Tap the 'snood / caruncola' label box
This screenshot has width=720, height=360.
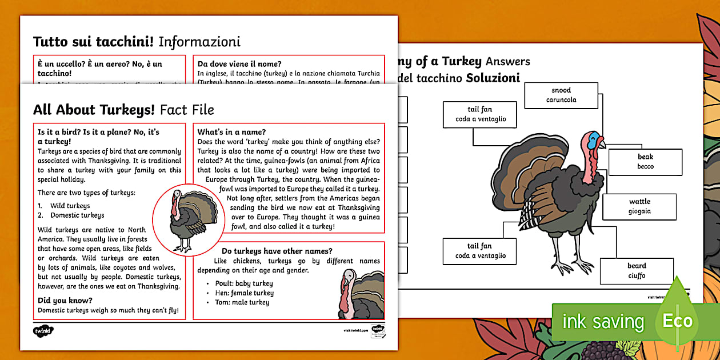(x=561, y=95)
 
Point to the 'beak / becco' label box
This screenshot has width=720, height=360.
(x=645, y=162)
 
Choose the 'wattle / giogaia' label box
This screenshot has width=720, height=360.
(x=639, y=206)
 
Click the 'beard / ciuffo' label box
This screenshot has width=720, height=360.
(x=637, y=270)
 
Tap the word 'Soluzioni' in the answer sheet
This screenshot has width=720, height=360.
(x=493, y=78)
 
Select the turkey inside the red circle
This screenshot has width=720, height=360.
(x=189, y=219)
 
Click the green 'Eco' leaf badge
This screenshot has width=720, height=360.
(x=677, y=320)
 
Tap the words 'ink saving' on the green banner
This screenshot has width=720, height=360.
(x=603, y=322)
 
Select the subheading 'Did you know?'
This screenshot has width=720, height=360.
(x=65, y=301)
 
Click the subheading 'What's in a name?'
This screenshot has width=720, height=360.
(x=231, y=132)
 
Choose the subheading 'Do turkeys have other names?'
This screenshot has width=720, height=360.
(x=277, y=251)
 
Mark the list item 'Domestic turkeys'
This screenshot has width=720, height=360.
(x=77, y=215)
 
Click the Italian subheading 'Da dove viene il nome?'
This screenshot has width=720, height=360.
(x=239, y=64)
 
